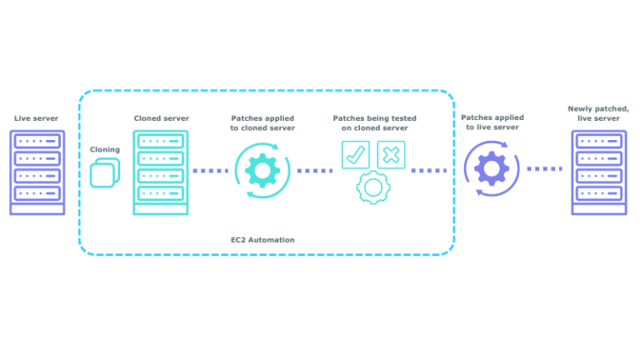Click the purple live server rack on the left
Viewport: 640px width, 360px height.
click(x=37, y=172)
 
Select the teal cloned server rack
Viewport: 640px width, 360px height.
click(x=160, y=171)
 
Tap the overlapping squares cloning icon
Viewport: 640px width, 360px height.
click(x=104, y=173)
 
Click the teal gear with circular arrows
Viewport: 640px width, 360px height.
click(x=262, y=171)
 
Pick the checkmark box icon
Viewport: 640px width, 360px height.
click(x=355, y=154)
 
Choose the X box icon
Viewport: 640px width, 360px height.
click(x=391, y=154)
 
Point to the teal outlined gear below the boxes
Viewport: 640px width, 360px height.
click(x=372, y=187)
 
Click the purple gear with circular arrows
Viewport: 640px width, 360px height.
click(x=492, y=168)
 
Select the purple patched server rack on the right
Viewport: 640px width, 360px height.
click(x=598, y=172)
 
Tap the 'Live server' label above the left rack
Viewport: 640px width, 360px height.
click(x=37, y=118)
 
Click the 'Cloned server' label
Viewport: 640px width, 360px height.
click(x=161, y=118)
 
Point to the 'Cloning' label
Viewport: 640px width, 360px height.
click(x=105, y=149)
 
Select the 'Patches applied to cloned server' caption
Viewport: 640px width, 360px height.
click(x=262, y=123)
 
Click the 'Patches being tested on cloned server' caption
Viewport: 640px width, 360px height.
click(x=374, y=123)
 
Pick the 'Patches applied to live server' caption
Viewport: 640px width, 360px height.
click(x=492, y=122)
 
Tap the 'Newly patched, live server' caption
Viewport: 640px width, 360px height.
click(x=598, y=113)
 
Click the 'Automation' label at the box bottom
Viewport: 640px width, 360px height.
click(x=262, y=239)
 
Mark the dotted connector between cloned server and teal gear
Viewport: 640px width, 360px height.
click(x=211, y=171)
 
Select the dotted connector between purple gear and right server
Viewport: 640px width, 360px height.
click(x=544, y=168)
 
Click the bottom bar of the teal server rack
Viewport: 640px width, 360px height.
click(x=160, y=209)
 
